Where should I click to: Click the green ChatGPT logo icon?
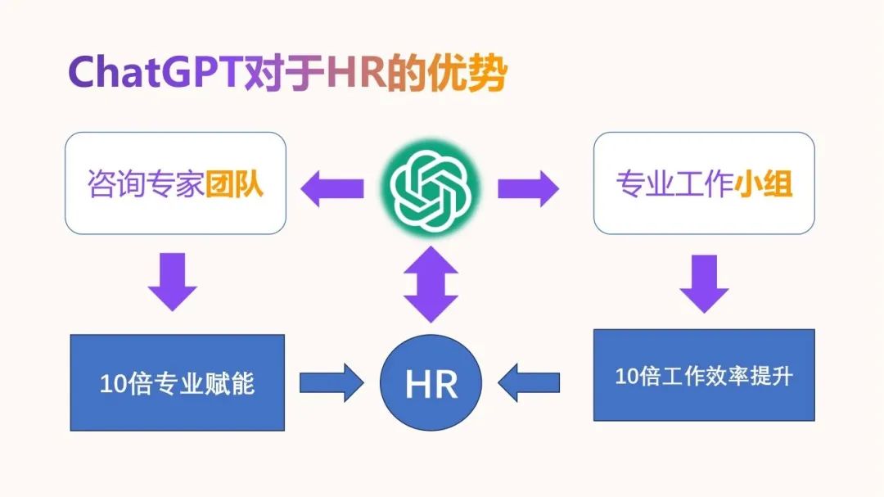point(431,188)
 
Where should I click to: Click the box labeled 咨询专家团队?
point(175,183)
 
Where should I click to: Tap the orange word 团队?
point(234,184)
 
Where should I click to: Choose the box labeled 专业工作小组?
point(703,183)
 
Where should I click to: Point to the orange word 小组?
point(763,184)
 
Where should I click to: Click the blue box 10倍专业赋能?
point(177,382)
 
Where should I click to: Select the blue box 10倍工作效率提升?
point(703,375)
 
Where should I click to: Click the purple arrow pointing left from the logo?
point(331,189)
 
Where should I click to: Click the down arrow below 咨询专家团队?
point(173,281)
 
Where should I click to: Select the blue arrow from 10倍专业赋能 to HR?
point(331,382)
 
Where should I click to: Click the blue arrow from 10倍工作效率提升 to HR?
point(529,382)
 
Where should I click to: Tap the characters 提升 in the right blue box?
point(775,376)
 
